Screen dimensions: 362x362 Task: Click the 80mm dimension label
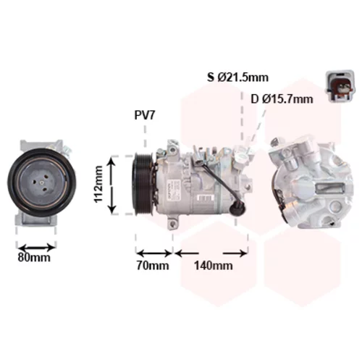pyautogui.click(x=34, y=258)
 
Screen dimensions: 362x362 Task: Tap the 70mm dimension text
pyautogui.click(x=153, y=266)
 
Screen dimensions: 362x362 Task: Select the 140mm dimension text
pyautogui.click(x=214, y=266)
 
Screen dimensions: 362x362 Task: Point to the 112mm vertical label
pyautogui.click(x=98, y=185)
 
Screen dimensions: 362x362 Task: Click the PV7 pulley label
pyautogui.click(x=144, y=115)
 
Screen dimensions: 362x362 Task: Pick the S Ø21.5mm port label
pyautogui.click(x=237, y=77)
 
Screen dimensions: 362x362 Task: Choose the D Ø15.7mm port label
pyautogui.click(x=282, y=99)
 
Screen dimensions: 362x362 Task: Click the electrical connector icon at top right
pyautogui.click(x=340, y=85)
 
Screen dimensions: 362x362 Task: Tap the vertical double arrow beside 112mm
pyautogui.click(x=111, y=185)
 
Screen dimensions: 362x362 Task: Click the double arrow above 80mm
pyautogui.click(x=36, y=248)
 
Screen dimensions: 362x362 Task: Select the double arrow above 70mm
pyautogui.click(x=154, y=253)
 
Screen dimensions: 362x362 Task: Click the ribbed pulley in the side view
pyautogui.click(x=143, y=184)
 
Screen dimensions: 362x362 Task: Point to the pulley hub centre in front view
pyautogui.click(x=41, y=184)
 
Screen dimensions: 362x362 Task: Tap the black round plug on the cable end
pyautogui.click(x=237, y=207)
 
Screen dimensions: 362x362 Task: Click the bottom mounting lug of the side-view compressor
pyautogui.click(x=174, y=223)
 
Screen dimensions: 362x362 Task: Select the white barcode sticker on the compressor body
pyautogui.click(x=206, y=198)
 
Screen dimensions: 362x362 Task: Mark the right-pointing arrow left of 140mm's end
pyautogui.click(x=235, y=253)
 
